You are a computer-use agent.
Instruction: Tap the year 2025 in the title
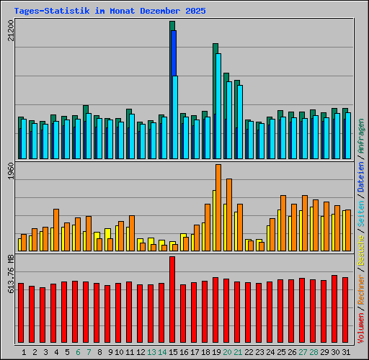[193, 12]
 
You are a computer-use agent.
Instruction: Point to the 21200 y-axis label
[9, 30]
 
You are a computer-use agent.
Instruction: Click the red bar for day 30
[334, 310]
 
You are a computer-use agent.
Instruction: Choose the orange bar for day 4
[56, 230]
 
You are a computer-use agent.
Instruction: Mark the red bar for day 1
[21, 313]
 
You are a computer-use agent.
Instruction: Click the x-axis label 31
[345, 352]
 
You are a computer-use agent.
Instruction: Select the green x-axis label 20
[226, 352]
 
